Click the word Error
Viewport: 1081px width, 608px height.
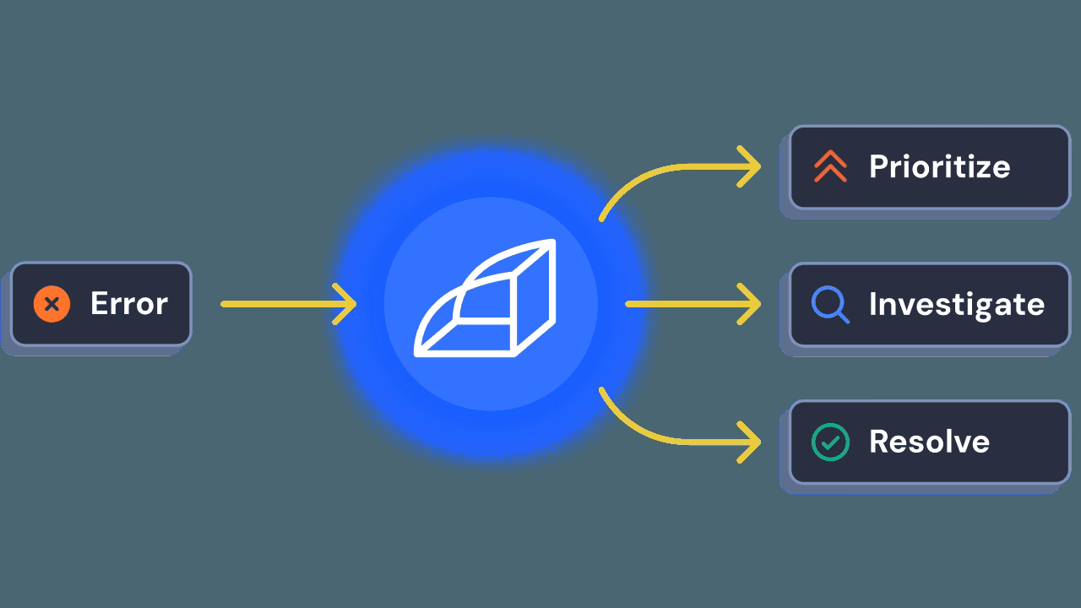coord(128,304)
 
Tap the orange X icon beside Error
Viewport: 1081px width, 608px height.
coord(52,304)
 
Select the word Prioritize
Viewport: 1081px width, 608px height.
coord(939,166)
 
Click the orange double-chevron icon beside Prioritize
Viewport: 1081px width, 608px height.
coord(830,167)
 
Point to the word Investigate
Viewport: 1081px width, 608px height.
coord(956,304)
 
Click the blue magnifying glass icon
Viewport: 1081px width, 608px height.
coord(830,304)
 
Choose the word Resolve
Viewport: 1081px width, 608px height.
coord(929,442)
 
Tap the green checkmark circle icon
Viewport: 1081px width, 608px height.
coord(830,442)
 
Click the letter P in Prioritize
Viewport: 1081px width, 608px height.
coord(879,166)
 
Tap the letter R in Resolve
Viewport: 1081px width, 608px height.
coord(879,442)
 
